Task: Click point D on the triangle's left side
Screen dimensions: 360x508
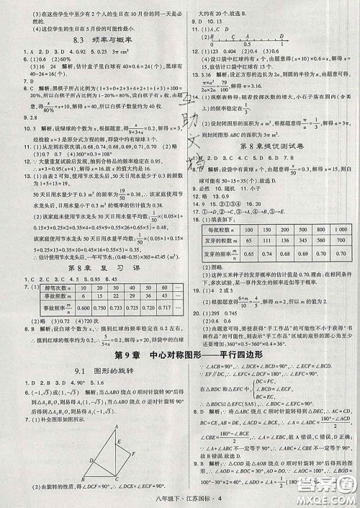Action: [x=91, y=459]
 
